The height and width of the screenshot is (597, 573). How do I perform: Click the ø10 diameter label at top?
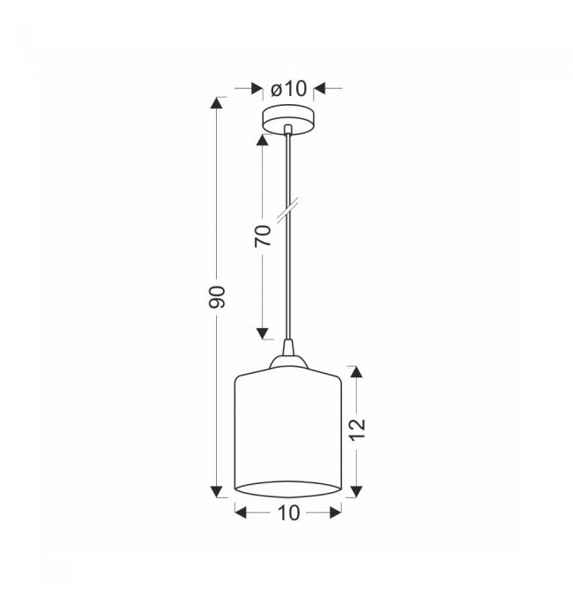click(x=288, y=89)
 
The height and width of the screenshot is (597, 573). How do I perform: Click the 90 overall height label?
click(x=218, y=296)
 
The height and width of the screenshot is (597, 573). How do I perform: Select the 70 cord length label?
click(x=263, y=235)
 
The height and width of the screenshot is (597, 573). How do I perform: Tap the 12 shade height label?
click(x=357, y=429)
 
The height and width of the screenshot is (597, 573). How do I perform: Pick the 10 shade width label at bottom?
click(x=288, y=513)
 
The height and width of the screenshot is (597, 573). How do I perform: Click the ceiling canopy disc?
click(x=288, y=120)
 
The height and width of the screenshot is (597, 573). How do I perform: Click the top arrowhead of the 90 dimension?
click(x=217, y=103)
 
